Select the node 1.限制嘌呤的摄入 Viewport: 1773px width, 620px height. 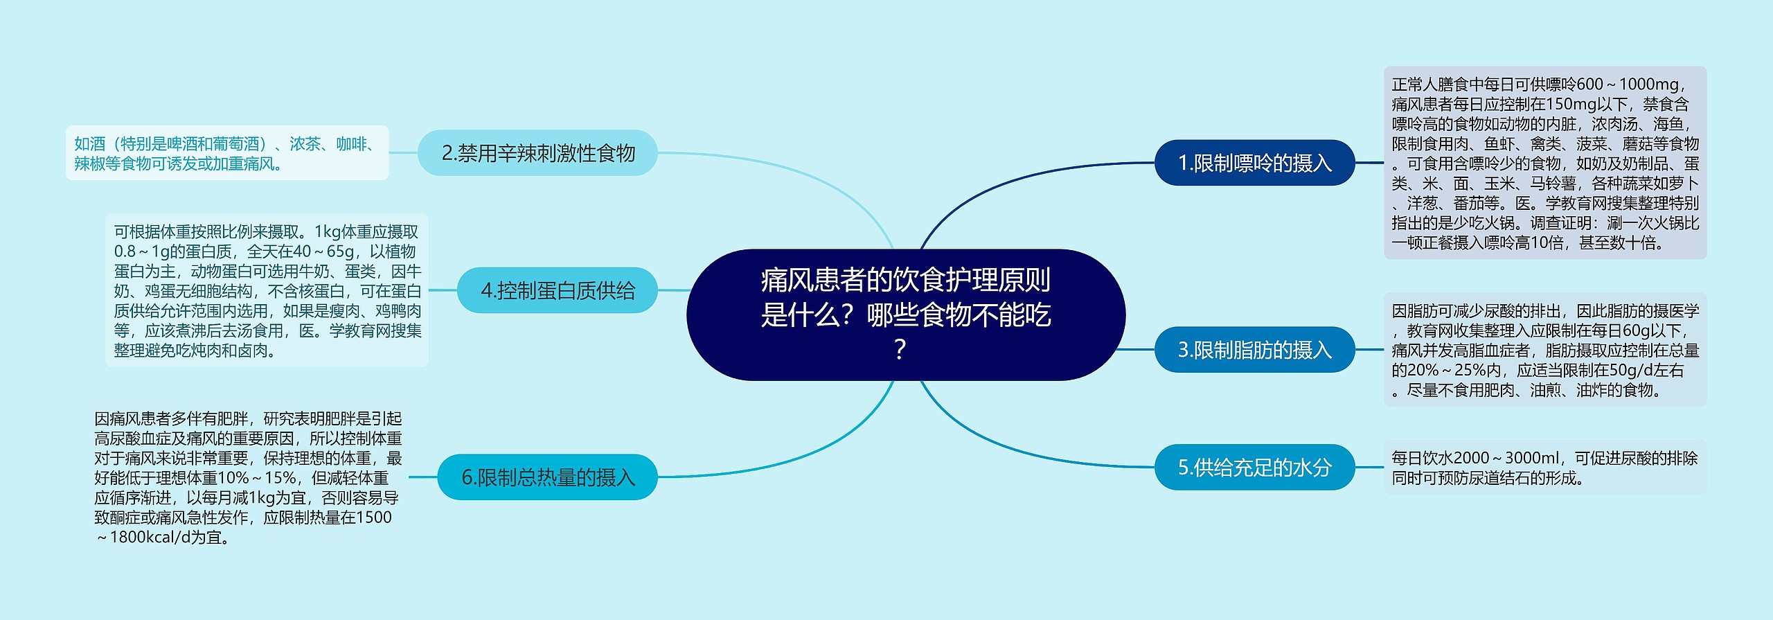[1254, 163]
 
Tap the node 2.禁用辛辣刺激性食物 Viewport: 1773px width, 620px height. [537, 153]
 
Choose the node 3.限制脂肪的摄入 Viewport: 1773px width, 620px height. [1254, 350]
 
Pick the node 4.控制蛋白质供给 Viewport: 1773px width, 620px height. [557, 290]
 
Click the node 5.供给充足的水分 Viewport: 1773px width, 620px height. [1254, 468]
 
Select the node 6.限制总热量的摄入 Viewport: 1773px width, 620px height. [547, 477]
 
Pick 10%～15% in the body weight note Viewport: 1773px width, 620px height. [257, 478]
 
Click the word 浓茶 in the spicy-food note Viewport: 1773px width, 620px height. [305, 144]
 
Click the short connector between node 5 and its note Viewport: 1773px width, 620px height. [1369, 468]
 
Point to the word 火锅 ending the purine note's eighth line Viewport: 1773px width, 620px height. [1668, 223]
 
